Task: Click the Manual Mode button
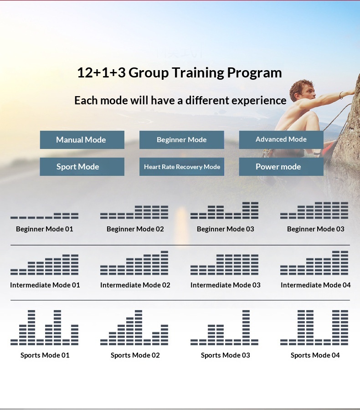tap(82, 140)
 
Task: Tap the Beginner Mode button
tap(181, 140)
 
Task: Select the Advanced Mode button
tap(281, 140)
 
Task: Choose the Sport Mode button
tap(82, 167)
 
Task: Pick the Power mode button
tap(281, 167)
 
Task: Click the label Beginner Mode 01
tap(45, 229)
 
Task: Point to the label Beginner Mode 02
tap(135, 229)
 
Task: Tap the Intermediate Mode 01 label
tap(45, 285)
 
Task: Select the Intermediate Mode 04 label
tap(315, 285)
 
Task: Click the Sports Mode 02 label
tap(135, 355)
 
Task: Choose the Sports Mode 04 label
tap(315, 355)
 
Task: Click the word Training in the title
tap(198, 73)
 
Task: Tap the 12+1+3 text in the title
tap(101, 73)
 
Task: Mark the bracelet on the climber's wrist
tap(341, 95)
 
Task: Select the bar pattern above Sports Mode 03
tap(224, 328)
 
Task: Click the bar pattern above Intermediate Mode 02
tap(134, 263)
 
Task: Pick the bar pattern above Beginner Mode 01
tap(45, 216)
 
